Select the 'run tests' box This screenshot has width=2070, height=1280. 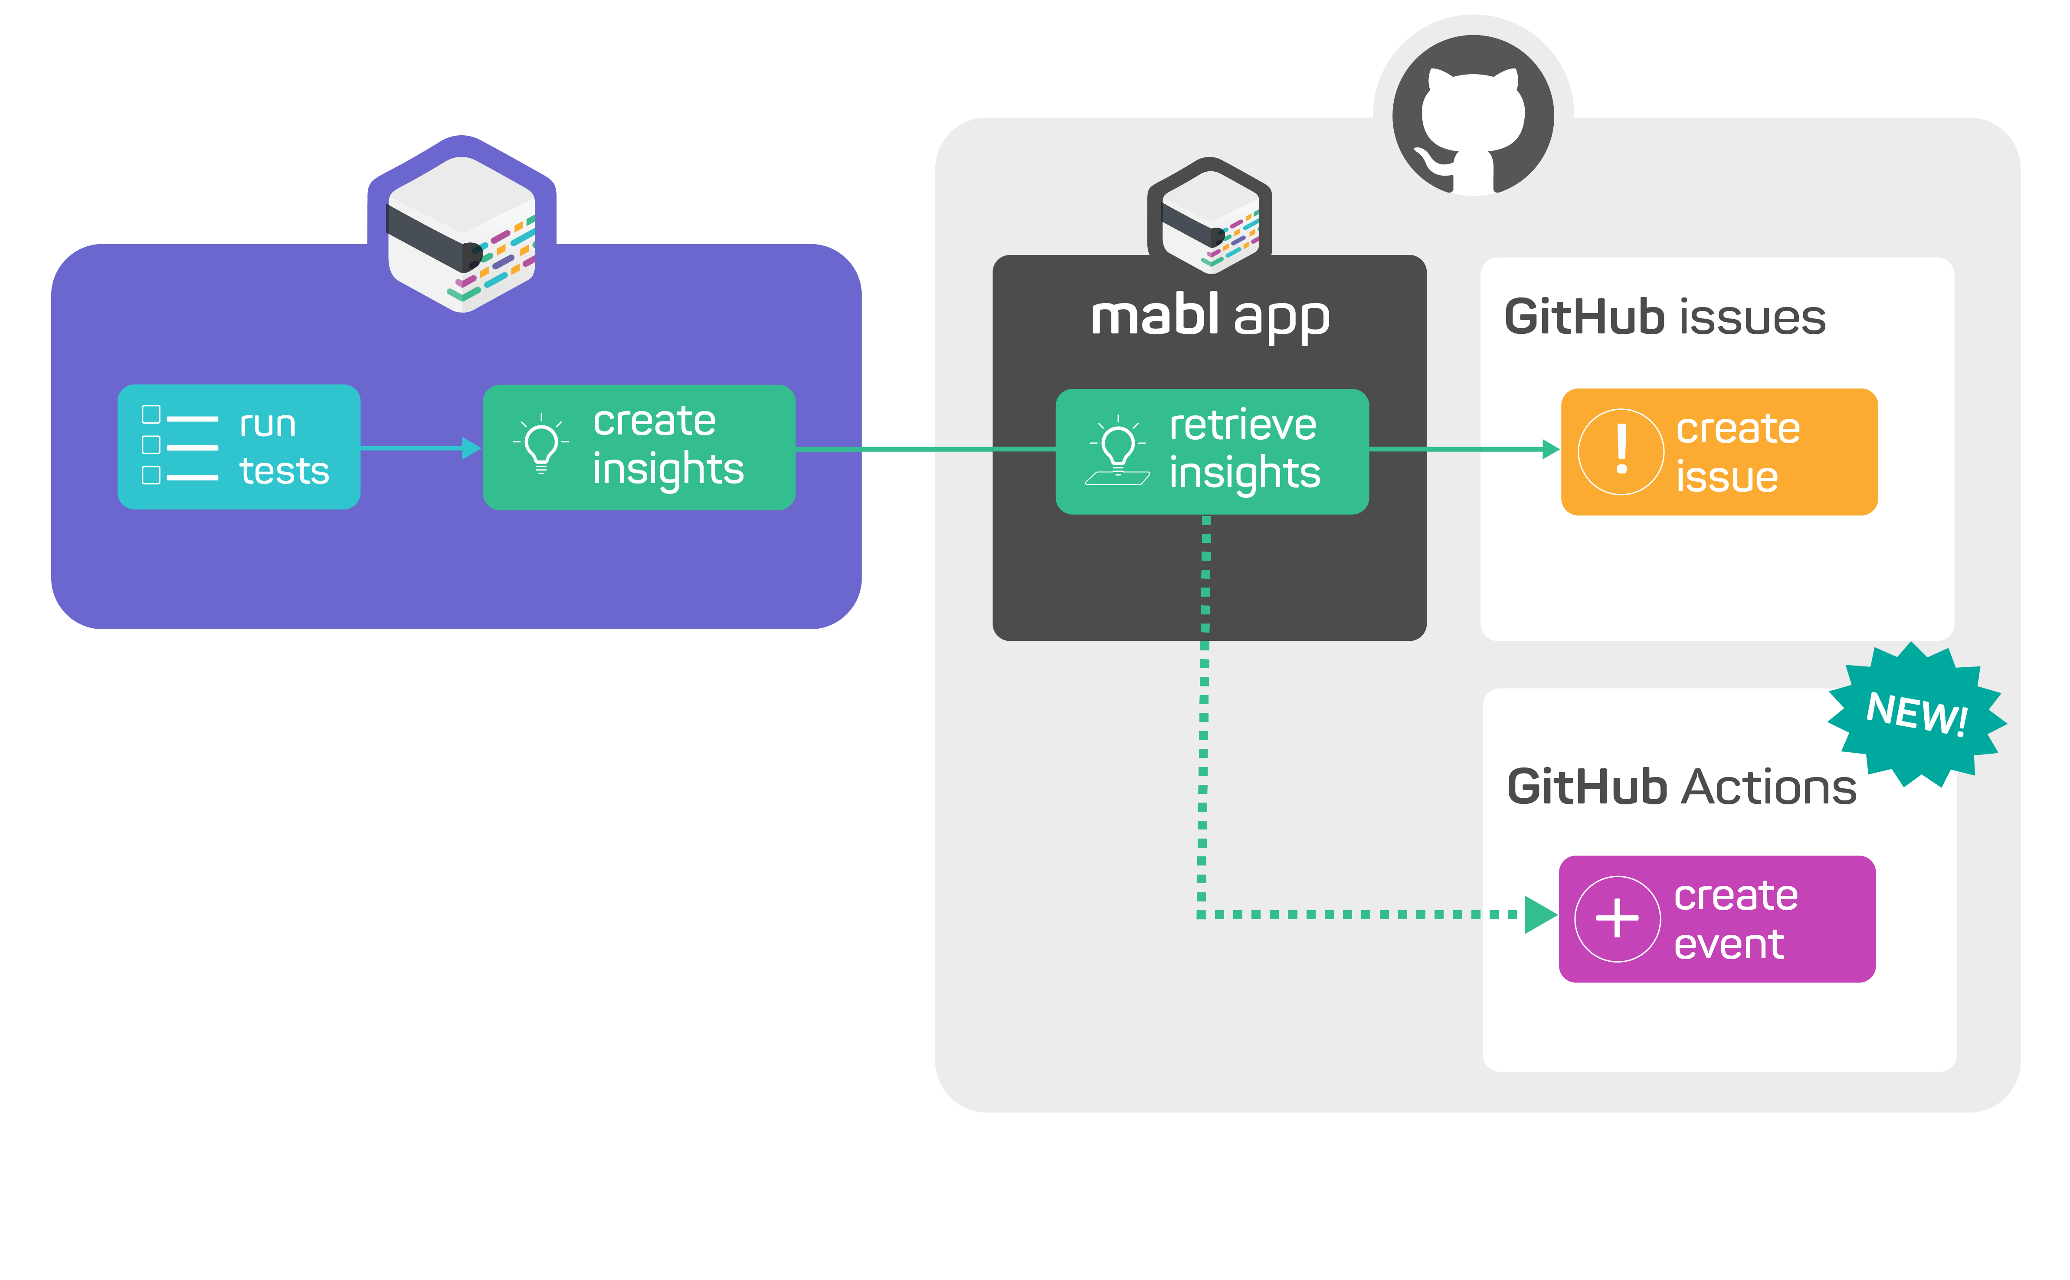(x=239, y=447)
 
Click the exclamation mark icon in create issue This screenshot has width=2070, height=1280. (x=1621, y=451)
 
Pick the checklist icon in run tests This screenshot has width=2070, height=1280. (x=180, y=445)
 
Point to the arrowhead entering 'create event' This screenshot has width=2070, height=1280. (x=1539, y=914)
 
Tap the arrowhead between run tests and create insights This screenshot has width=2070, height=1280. (x=471, y=448)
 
